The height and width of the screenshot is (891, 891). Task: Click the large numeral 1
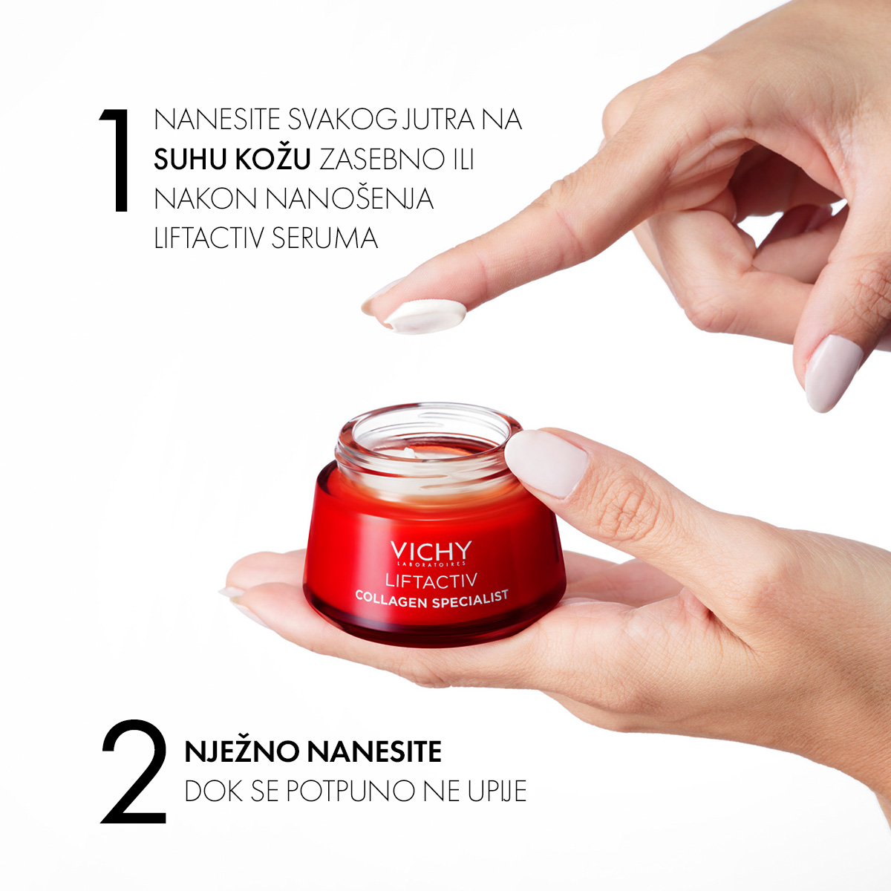[117, 160]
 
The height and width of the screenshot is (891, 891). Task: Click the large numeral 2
[134, 771]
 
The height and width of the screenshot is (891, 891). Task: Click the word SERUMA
[324, 238]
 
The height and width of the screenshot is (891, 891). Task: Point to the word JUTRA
[438, 120]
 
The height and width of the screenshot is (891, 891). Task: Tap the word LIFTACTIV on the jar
[431, 581]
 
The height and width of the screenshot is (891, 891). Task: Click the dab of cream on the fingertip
[425, 316]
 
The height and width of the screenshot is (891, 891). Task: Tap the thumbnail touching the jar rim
[546, 463]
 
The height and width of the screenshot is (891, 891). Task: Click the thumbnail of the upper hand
[834, 373]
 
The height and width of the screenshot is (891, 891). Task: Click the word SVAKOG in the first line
[342, 120]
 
